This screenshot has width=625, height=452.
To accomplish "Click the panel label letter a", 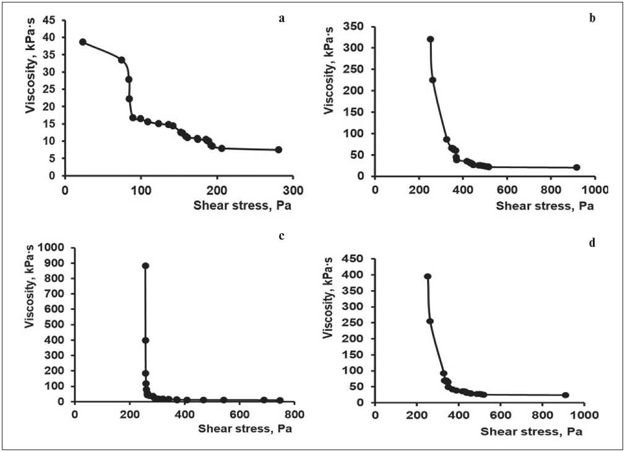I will tap(282, 18).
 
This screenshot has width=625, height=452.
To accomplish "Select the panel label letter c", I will tap(282, 236).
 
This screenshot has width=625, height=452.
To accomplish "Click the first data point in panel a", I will tap(82, 42).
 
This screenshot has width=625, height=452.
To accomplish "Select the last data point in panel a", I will tap(278, 150).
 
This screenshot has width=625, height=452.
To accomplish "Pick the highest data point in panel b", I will tap(431, 40).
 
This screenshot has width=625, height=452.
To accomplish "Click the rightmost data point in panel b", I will tap(577, 168).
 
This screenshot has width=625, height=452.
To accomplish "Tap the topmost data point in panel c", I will tap(145, 266).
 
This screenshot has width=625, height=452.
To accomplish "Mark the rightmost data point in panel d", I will tap(565, 395).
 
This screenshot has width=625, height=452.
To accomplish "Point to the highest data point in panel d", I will tap(427, 276).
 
